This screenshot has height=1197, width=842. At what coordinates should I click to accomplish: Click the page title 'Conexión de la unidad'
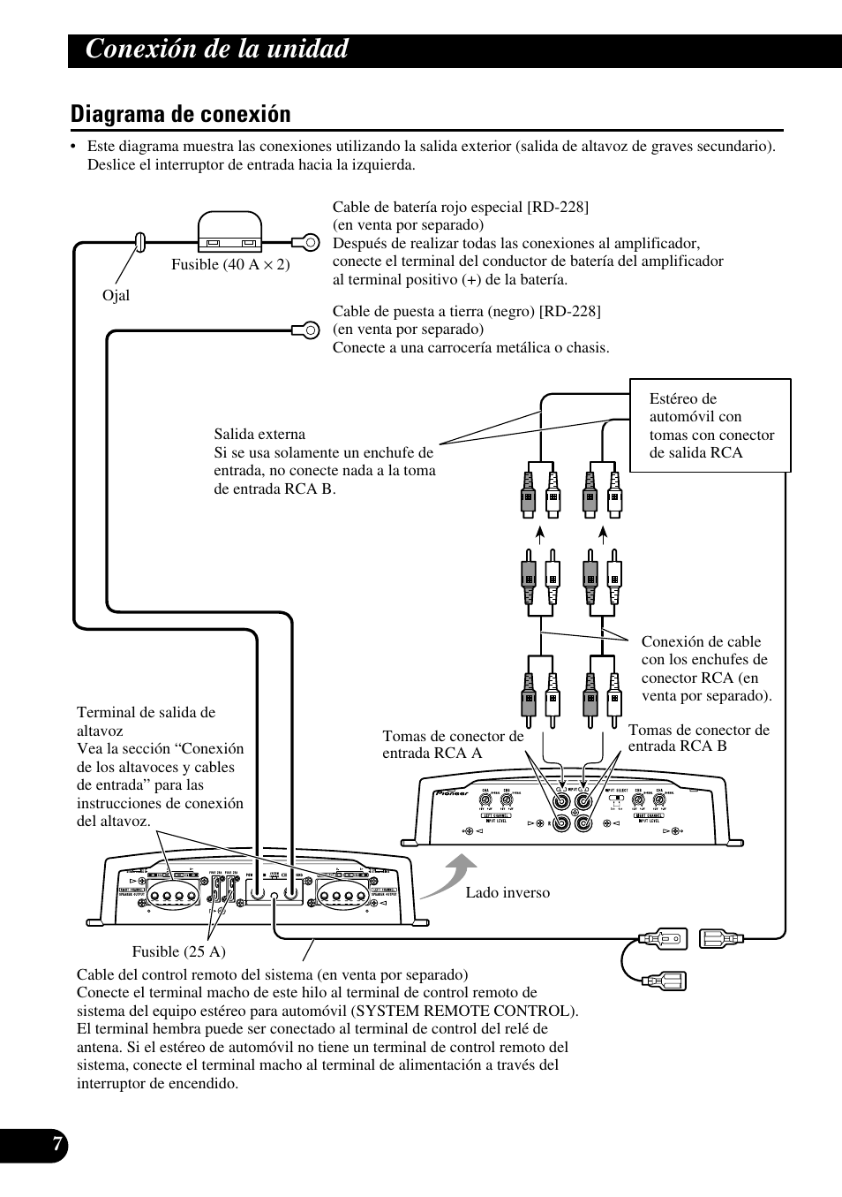pyautogui.click(x=217, y=49)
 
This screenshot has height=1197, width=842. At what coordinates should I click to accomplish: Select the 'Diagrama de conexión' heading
pyautogui.click(x=181, y=114)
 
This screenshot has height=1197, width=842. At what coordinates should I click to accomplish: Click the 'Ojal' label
pyautogui.click(x=116, y=295)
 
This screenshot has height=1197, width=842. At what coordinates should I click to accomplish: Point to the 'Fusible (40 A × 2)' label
pyautogui.click(x=230, y=264)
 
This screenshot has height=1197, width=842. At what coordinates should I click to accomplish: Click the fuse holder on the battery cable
pyautogui.click(x=229, y=233)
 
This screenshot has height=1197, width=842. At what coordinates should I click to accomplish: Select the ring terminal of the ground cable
pyautogui.click(x=304, y=330)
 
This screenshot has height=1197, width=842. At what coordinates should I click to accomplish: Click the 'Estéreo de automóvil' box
pyautogui.click(x=710, y=425)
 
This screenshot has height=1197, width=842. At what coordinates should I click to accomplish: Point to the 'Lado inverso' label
pyautogui.click(x=507, y=892)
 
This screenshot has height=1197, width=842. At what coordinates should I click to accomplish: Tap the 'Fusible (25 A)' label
pyautogui.click(x=179, y=951)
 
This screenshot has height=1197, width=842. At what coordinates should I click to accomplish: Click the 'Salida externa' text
pyautogui.click(x=259, y=434)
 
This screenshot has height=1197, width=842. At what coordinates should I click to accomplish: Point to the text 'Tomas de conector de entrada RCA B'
pyautogui.click(x=698, y=738)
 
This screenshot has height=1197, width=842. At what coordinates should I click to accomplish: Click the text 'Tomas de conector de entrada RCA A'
pyautogui.click(x=452, y=744)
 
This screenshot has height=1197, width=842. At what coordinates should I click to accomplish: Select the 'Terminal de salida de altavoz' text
pyautogui.click(x=146, y=721)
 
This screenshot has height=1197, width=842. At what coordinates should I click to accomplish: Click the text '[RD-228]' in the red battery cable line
pyautogui.click(x=557, y=207)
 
